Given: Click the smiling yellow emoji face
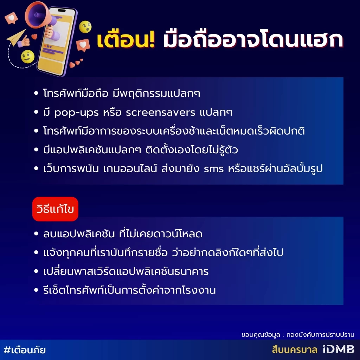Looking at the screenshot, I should (x=27, y=56).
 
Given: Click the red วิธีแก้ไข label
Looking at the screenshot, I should (x=55, y=209).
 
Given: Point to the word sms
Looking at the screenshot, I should (x=213, y=169).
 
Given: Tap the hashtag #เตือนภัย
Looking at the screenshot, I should (x=25, y=350).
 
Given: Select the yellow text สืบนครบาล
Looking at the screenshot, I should (x=294, y=350).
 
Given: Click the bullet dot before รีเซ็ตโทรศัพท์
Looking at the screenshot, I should (x=36, y=290).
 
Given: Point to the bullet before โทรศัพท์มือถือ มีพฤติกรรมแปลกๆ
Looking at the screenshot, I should (x=36, y=94).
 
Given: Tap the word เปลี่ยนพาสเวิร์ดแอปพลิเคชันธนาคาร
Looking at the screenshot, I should (x=126, y=271).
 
